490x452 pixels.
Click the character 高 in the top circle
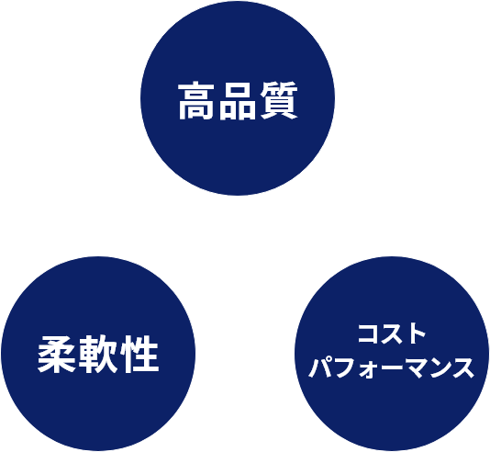[x=196, y=100]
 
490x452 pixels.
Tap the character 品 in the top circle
[x=238, y=101]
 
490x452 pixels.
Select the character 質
[x=279, y=100]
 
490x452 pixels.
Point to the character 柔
[x=57, y=354]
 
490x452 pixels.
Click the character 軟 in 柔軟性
[x=98, y=355]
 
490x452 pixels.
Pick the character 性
[x=139, y=355]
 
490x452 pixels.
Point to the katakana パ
[x=319, y=367]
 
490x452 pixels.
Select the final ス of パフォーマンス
[x=463, y=368]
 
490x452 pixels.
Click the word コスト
[x=392, y=334]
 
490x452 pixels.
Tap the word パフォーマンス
[x=391, y=367]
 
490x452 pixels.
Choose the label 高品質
[x=239, y=100]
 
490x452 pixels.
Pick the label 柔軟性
[x=98, y=355]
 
